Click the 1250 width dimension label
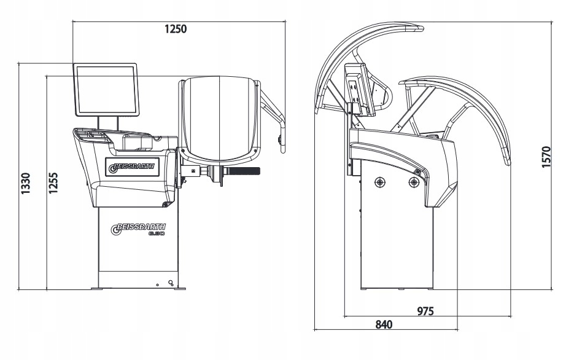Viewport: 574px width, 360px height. coord(175,29)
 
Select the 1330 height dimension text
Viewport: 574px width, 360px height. coord(26,184)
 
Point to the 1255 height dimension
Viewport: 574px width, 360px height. coord(53,184)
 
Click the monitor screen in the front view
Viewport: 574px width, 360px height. coord(106,90)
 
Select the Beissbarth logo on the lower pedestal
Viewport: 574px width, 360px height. coord(139,230)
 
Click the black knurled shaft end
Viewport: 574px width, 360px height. coord(246,171)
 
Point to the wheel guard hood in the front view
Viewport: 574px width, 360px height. coord(220,117)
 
